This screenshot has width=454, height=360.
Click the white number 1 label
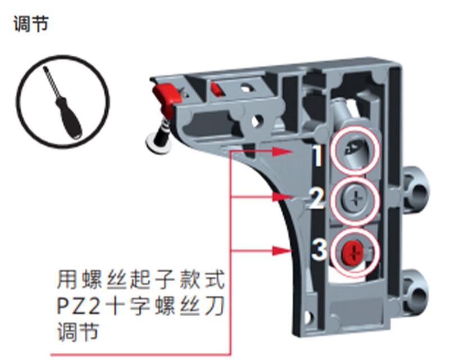(319, 155)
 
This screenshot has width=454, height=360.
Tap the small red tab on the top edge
(216, 88)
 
